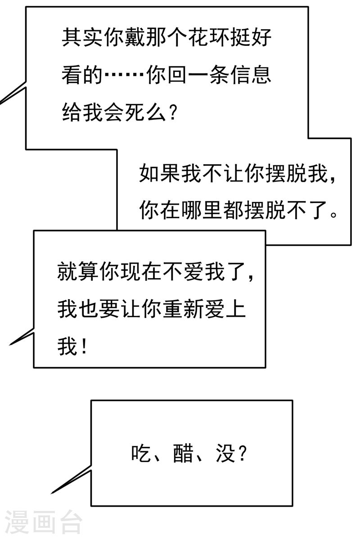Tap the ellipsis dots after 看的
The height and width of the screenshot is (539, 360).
coord(125,74)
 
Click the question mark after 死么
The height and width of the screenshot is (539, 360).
coord(171,111)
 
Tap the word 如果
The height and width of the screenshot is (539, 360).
coord(160,173)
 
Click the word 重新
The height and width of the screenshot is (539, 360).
coord(182,310)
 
